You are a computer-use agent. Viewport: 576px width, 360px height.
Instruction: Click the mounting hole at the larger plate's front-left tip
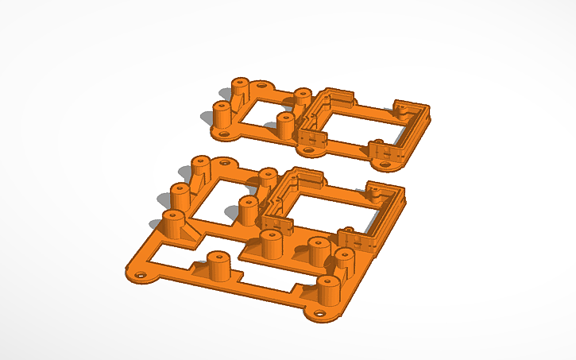pos(141,276)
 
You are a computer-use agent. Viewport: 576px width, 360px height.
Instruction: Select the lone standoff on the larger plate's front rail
pos(216,263)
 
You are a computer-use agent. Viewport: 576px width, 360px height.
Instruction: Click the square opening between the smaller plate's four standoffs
pos(257,111)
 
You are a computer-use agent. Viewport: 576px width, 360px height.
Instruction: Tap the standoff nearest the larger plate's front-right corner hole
pos(327,290)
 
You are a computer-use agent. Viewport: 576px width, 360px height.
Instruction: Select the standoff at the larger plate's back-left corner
pos(200,168)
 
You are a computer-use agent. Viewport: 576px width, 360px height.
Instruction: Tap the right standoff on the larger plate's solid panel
pos(318,252)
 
